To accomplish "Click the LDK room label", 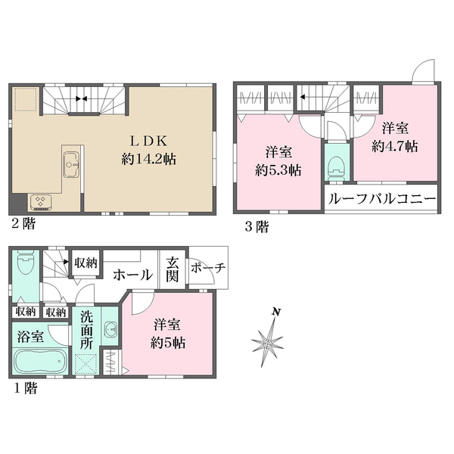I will (156, 140).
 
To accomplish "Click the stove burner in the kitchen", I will (39, 201).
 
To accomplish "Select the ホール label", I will (132, 276).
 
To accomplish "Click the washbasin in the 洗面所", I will (110, 330).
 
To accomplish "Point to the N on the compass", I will (277, 312).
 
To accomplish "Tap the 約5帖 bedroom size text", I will (168, 342).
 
